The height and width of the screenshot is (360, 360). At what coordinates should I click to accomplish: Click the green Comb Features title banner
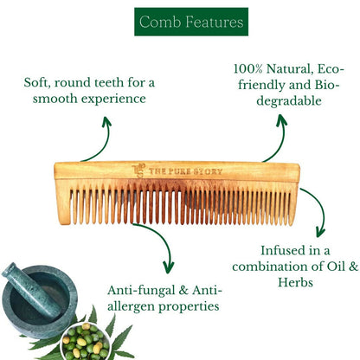[191, 22]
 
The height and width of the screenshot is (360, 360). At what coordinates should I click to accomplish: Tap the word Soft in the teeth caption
[36, 82]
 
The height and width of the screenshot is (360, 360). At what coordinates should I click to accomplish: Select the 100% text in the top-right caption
[247, 69]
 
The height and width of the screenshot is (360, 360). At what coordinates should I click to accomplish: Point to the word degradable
[289, 101]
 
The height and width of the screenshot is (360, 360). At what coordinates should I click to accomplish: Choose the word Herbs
[295, 282]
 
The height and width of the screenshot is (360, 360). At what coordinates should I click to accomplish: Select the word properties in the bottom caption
[189, 307]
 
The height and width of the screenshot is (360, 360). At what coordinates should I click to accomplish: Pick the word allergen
[132, 307]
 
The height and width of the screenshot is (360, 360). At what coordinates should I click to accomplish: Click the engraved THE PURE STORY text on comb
[185, 171]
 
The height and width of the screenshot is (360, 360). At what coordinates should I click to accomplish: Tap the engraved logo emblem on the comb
[138, 170]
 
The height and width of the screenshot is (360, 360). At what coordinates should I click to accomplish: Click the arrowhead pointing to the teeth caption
[106, 121]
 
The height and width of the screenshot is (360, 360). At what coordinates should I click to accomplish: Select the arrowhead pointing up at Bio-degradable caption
[281, 119]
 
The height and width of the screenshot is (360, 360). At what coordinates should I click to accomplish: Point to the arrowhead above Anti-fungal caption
[169, 267]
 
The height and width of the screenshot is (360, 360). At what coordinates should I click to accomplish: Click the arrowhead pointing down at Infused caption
[320, 232]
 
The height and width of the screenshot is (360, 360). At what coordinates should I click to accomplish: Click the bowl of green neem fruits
[86, 342]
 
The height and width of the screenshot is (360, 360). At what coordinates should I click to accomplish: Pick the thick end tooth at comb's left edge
[63, 202]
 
